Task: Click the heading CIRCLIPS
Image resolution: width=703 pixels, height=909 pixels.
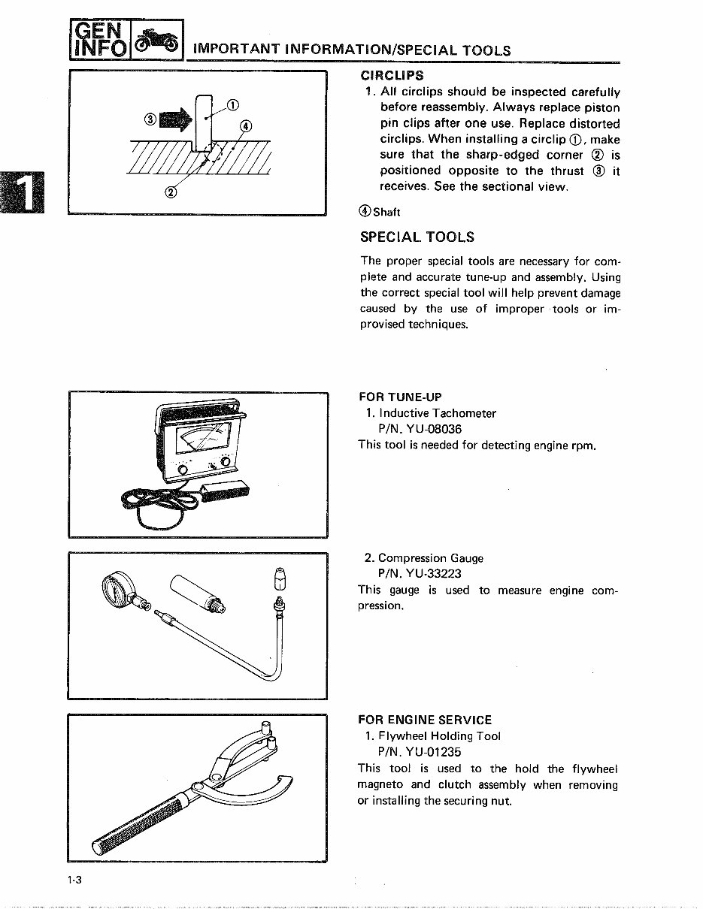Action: [392, 75]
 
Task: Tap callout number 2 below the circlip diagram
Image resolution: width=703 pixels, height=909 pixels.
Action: [170, 192]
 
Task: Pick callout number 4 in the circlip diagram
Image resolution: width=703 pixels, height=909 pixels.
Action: [248, 125]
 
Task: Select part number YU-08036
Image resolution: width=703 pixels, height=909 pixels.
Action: [420, 429]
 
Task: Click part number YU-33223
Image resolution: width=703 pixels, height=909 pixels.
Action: [420, 574]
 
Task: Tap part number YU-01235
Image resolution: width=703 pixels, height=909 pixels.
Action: [420, 752]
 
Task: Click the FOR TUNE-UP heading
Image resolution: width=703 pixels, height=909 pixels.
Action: [399, 397]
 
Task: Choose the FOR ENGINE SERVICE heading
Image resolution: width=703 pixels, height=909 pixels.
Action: [425, 720]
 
